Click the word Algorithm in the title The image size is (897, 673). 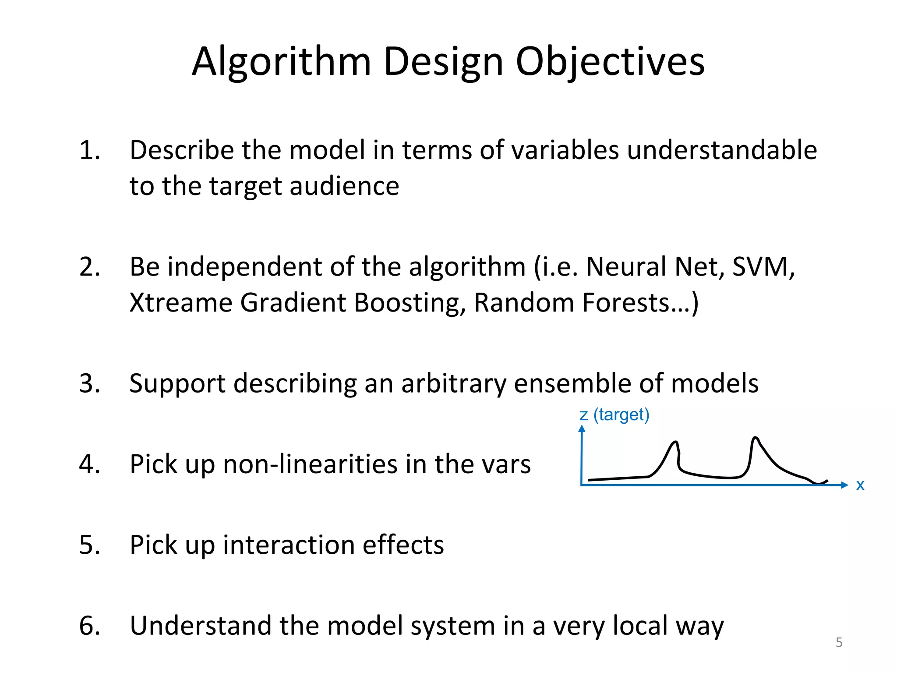281,62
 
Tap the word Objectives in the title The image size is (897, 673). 610,62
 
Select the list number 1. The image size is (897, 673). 89,150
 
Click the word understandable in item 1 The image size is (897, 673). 722,150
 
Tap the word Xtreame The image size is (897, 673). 180,303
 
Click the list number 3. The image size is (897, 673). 89,383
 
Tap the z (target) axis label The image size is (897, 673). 614,414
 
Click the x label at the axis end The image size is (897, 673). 860,485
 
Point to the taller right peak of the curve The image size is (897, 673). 755,438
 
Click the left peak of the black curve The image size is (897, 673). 675,443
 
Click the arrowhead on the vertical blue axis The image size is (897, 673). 582,429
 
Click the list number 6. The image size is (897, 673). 89,626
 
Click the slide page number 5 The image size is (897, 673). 839,642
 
